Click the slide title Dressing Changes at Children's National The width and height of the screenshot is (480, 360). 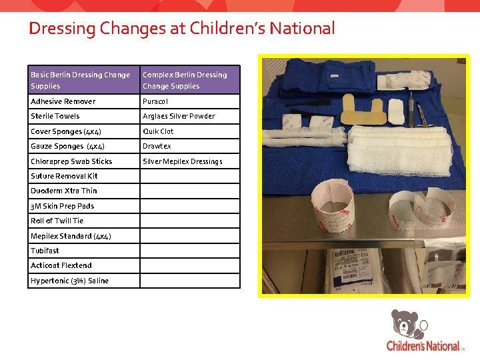pyautogui.click(x=181, y=29)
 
